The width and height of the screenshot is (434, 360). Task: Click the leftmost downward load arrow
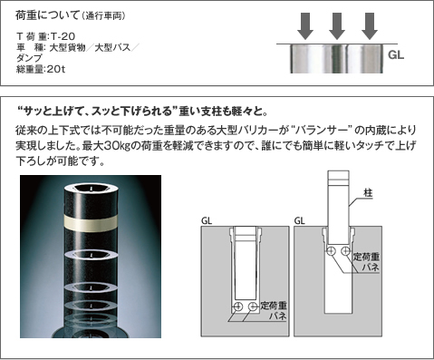pos(305,26)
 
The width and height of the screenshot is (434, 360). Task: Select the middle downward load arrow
pos(337,26)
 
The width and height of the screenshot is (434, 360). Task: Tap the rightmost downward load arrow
pos(370,26)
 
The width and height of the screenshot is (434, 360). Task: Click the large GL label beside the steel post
pos(396,55)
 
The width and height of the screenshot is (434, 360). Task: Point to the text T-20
pos(63,36)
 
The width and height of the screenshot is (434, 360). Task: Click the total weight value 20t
pos(56,69)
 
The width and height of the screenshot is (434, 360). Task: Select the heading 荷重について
pos(47,15)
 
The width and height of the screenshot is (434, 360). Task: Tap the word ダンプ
pos(29,58)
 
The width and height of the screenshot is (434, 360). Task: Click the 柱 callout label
pos(368,193)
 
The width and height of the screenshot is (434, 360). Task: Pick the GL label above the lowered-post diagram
pos(207,221)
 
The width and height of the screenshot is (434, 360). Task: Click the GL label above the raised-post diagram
pos(299,221)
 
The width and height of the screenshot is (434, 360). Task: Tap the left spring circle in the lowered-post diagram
pos(238,306)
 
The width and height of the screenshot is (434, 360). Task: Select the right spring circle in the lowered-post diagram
pos(253,306)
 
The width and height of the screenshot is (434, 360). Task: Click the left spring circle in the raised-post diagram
pos(331,250)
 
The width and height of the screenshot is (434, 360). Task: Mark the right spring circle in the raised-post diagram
pos(345,250)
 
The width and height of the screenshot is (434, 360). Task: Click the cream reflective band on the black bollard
pos(91,223)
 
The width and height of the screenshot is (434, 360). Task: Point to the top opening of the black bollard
pos(91,188)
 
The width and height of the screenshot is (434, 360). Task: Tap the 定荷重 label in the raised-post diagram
pos(366,257)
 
